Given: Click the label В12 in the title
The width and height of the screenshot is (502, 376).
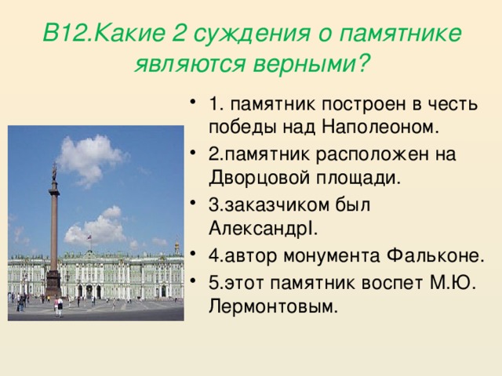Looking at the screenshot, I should pyautogui.click(x=62, y=33).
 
